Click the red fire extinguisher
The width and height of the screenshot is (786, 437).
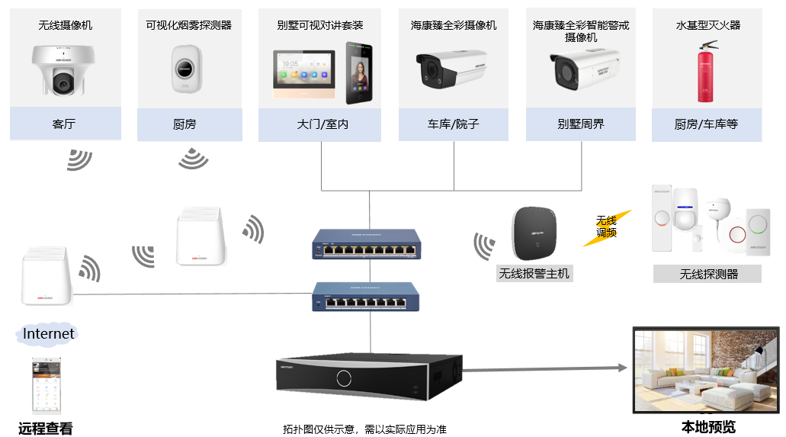tap(707, 73)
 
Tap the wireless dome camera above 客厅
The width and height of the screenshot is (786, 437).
tap(65, 70)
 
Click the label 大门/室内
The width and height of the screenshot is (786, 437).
tap(320, 124)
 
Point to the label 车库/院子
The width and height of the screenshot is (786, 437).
tap(453, 124)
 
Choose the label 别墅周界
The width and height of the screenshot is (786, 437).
tap(580, 124)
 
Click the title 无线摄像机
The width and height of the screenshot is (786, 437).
tap(66, 25)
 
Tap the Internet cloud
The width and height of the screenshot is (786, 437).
tap(48, 333)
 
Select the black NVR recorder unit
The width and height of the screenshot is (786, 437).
tap(370, 376)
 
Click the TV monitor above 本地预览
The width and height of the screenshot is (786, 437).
tap(706, 371)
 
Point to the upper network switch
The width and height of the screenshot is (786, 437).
tap(366, 243)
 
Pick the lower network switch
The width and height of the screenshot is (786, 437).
tap(366, 295)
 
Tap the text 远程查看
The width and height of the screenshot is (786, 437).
tap(46, 428)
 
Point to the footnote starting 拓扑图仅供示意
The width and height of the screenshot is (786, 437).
tap(364, 429)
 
